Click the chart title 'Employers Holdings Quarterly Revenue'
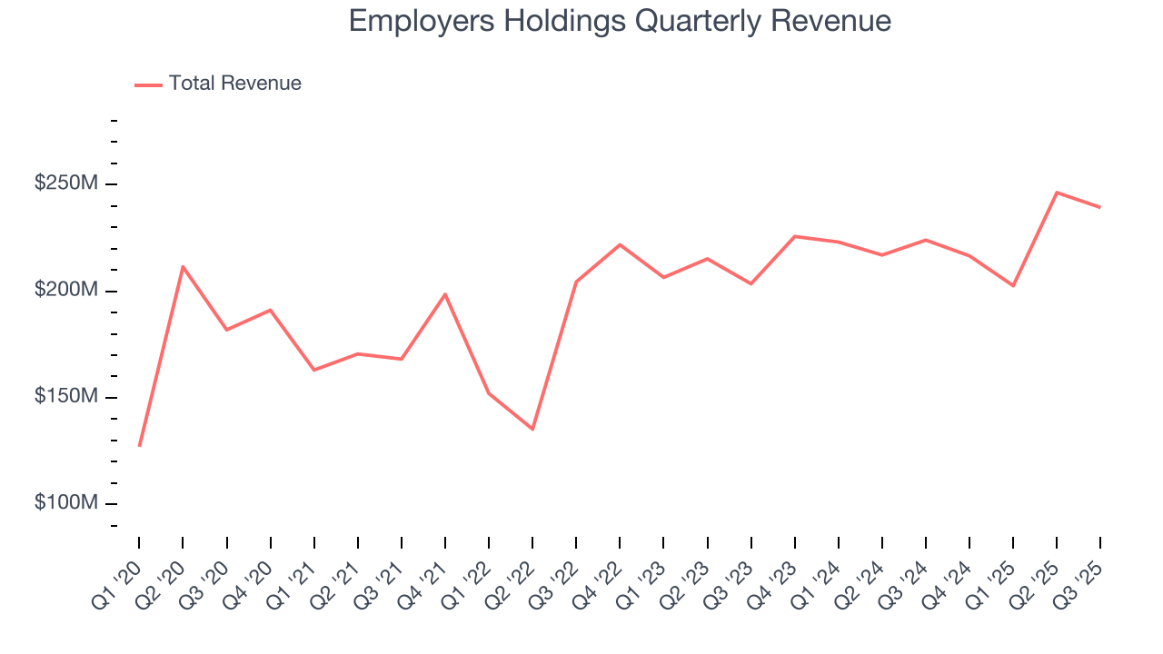[620, 21]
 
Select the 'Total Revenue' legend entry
[234, 84]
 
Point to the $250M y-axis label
[65, 183]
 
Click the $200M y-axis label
[65, 291]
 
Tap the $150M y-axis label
[65, 397]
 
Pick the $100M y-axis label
[65, 503]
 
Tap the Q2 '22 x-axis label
[513, 574]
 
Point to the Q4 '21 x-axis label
[426, 574]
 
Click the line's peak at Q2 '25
[1057, 193]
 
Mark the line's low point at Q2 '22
[532, 429]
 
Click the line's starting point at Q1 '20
[139, 446]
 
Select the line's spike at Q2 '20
[183, 266]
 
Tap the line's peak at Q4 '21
[445, 294]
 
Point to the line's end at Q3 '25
[1100, 207]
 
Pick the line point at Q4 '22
[620, 244]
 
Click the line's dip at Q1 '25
[1013, 286]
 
